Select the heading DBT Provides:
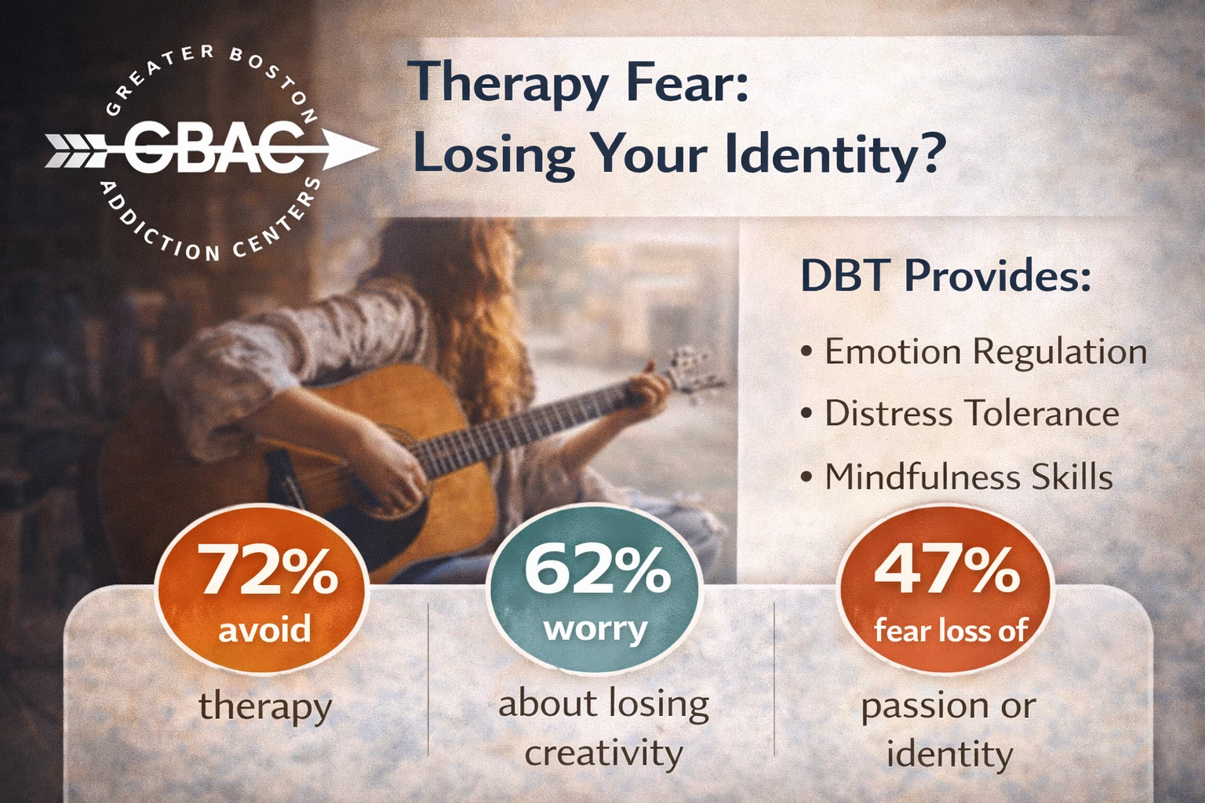point(945,275)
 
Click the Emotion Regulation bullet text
point(985,351)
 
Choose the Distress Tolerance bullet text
point(971,413)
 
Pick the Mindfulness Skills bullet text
point(968,476)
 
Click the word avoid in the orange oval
point(264,629)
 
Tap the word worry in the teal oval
point(595,629)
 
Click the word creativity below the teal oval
point(603,753)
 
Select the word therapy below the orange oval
point(265,706)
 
